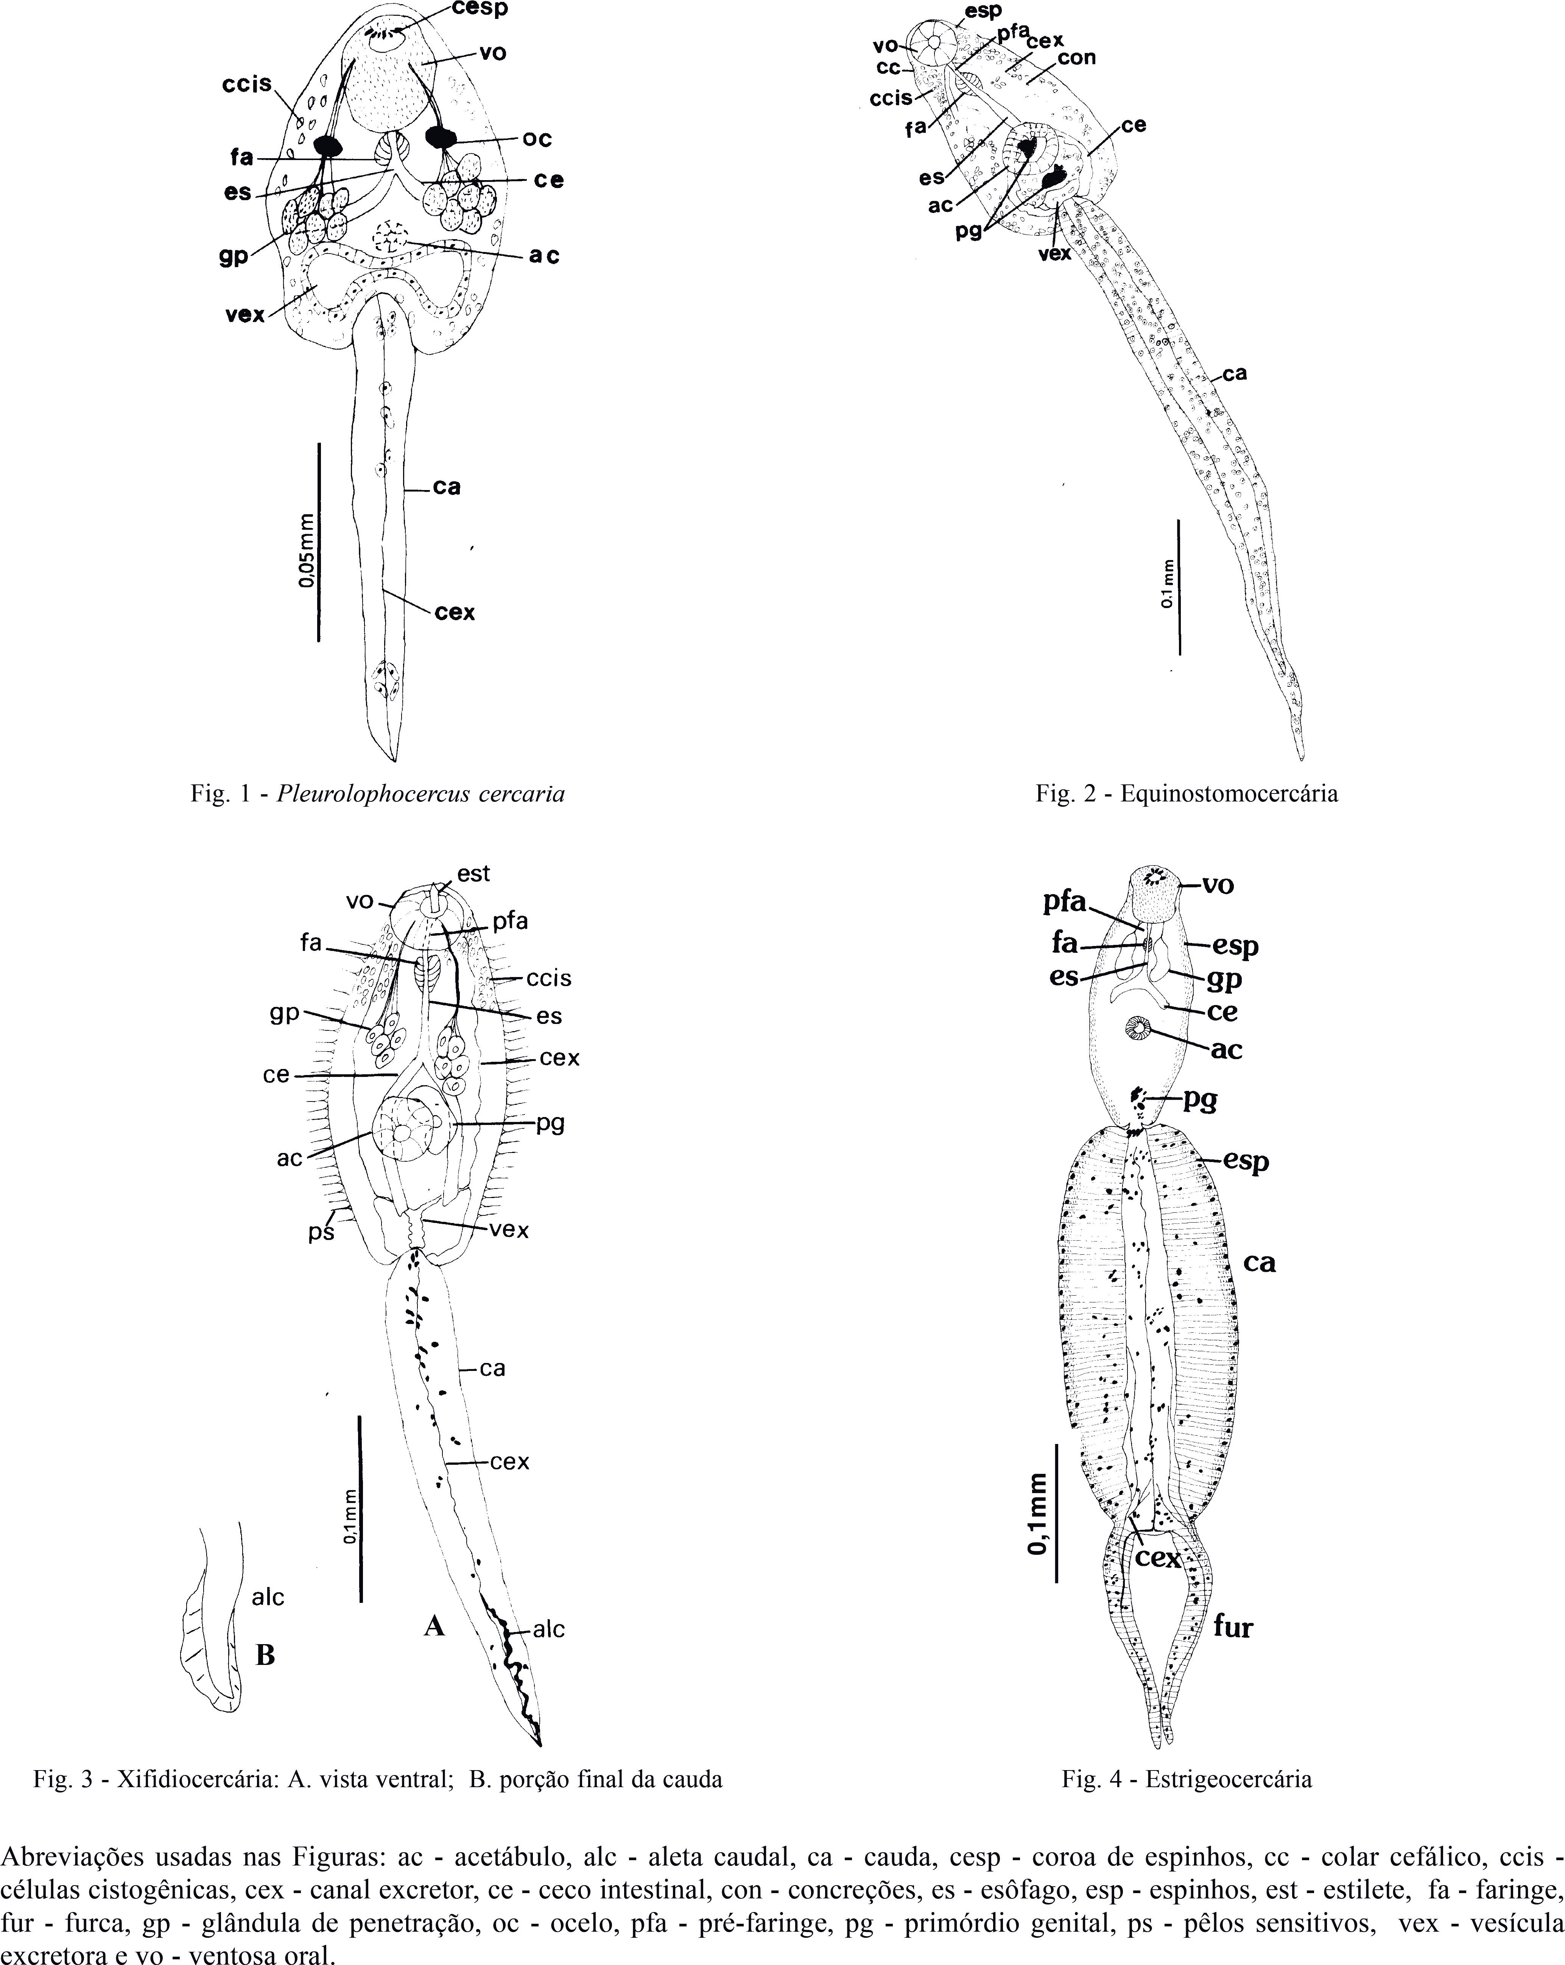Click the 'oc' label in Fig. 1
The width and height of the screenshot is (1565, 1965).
[538, 138]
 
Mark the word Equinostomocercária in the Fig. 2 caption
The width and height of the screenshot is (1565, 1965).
[1229, 794]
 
